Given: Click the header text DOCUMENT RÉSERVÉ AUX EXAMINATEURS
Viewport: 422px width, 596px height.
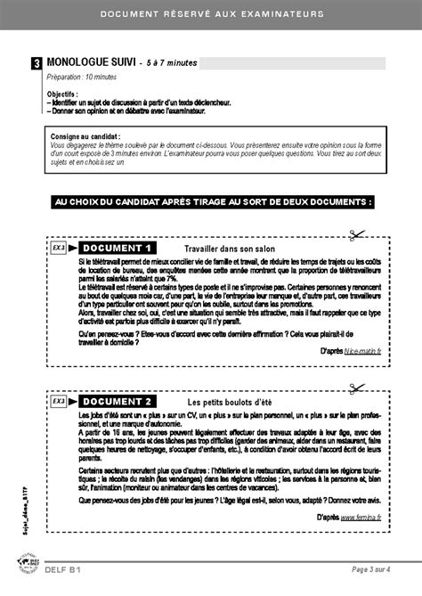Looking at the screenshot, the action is pos(211,14).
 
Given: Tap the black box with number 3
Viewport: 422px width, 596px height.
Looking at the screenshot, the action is pos(36,64).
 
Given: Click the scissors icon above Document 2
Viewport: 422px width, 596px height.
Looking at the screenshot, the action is pos(357,388).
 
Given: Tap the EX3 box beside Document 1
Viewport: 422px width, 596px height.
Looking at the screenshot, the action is pos(59,248).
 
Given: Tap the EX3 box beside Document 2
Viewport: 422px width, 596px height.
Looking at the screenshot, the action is pos(59,402).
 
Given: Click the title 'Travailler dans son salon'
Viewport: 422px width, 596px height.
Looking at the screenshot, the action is pos(230,249).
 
